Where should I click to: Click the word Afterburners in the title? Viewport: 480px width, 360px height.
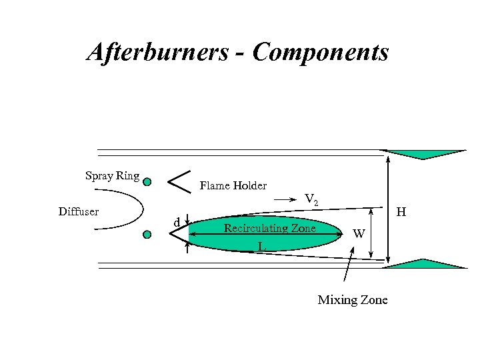coord(157,51)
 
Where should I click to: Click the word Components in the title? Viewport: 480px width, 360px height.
coord(321,51)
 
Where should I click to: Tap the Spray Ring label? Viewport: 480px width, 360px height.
coord(112,176)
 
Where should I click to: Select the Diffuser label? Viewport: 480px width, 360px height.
coord(79,212)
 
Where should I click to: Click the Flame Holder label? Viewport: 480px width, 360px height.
coord(233,185)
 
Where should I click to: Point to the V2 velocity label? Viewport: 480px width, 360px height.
coord(311,199)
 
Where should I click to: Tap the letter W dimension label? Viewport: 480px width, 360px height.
coord(359,233)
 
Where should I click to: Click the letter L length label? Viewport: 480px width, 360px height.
coord(262,247)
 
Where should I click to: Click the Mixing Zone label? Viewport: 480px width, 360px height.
coord(352,300)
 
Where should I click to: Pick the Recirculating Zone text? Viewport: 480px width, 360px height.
coord(269,228)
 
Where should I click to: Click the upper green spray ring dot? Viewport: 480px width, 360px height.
coord(147,181)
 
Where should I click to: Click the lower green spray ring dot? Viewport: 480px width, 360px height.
coord(147,234)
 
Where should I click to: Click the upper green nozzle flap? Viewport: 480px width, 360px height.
coord(423,154)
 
